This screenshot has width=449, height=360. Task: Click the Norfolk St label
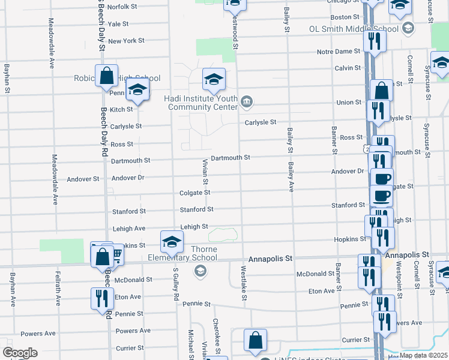123,7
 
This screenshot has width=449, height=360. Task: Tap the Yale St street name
118,24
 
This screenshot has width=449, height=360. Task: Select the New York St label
126,41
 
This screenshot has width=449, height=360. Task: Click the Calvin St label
344,68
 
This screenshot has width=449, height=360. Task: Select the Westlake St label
244,284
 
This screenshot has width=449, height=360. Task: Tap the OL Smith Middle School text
354,29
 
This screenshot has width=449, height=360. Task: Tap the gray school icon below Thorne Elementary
199,272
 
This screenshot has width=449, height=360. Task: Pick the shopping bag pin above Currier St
255,340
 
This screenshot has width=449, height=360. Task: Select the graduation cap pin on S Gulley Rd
172,242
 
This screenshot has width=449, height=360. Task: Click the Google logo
20,353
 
